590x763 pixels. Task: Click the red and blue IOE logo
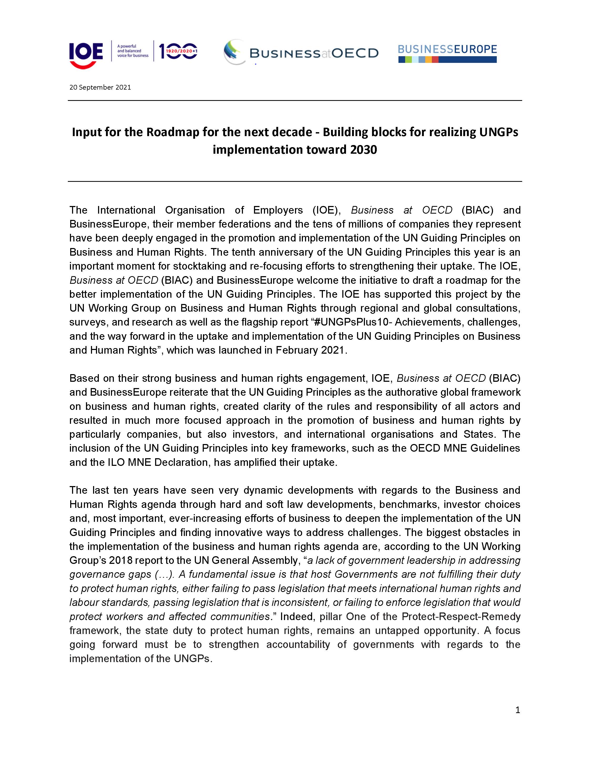point(86,55)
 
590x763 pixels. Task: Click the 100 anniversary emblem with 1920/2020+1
point(178,51)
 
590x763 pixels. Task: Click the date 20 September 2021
point(100,87)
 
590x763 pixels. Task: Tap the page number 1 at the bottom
point(518,710)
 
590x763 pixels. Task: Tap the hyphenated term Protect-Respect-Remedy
point(461,616)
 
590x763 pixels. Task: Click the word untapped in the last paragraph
point(395,630)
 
